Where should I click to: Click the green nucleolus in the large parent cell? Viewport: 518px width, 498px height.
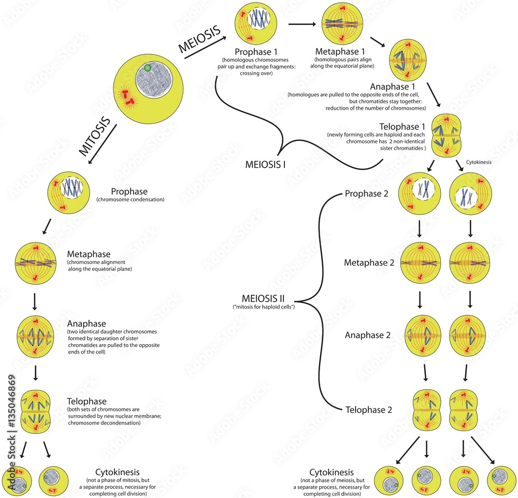[148, 68]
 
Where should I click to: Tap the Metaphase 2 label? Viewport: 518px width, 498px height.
[369, 263]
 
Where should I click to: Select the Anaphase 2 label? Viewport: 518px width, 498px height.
[368, 335]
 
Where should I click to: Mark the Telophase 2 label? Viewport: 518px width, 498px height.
[369, 410]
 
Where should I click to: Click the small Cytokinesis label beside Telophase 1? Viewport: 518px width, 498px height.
[479, 162]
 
